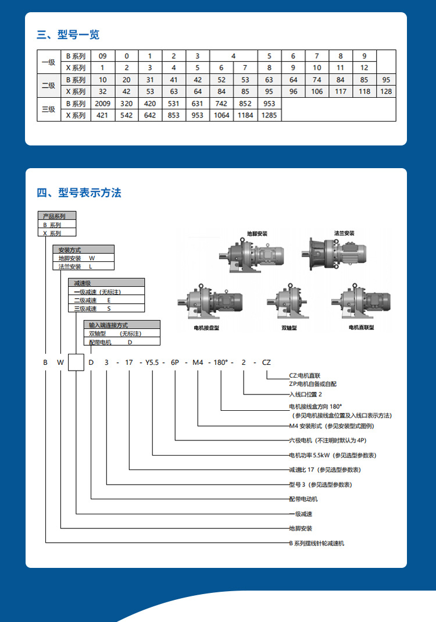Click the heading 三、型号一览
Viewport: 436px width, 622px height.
69,35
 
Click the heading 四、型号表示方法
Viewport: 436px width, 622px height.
79,193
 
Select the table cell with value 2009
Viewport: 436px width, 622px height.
102,104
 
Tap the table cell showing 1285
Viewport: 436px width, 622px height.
269,115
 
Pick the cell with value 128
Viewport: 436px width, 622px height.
386,91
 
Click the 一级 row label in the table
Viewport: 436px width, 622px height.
49,62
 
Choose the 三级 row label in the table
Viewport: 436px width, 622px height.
49,109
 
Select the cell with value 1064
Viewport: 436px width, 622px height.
221,115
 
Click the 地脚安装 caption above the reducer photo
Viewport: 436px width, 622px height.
257,233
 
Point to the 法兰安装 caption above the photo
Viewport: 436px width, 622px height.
344,233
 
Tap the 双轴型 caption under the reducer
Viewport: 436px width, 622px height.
289,328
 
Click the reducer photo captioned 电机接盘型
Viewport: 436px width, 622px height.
206,303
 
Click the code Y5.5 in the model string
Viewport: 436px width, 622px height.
152,362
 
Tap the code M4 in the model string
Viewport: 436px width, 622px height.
198,362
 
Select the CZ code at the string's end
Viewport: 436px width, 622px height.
266,362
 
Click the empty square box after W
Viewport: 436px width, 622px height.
77,362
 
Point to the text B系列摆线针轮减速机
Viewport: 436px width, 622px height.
317,543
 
